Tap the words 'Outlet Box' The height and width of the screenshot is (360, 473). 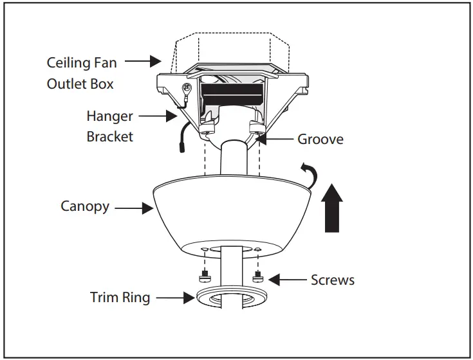click(80, 84)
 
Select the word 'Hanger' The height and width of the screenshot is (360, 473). click(110, 116)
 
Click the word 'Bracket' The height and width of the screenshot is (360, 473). click(110, 137)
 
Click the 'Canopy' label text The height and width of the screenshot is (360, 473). click(85, 206)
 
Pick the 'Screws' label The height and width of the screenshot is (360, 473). click(332, 280)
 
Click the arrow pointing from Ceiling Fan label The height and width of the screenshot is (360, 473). click(142, 62)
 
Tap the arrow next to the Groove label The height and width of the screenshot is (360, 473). click(275, 138)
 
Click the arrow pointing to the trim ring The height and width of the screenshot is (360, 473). click(173, 298)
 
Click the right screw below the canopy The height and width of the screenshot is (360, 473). click(257, 276)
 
